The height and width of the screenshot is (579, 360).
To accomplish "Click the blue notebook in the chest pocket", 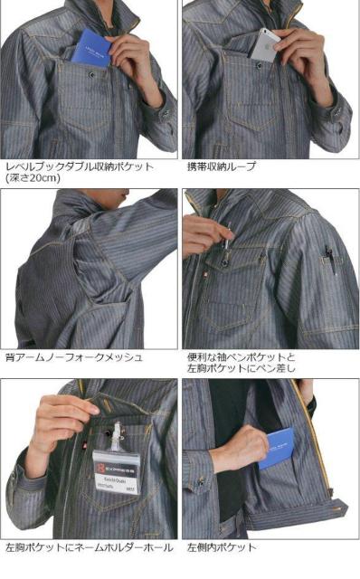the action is pyautogui.click(x=90, y=48).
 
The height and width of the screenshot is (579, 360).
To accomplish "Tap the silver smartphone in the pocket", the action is pyautogui.click(x=263, y=45).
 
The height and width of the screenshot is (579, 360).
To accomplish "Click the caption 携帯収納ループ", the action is pyautogui.click(x=222, y=166).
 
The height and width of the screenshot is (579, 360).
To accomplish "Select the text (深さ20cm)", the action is pyautogui.click(x=33, y=178).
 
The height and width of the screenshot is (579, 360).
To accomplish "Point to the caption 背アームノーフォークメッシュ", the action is pyautogui.click(x=74, y=357).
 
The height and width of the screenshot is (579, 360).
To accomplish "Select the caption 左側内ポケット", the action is pyautogui.click(x=222, y=546).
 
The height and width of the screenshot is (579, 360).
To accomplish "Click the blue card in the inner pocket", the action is pyautogui.click(x=276, y=449).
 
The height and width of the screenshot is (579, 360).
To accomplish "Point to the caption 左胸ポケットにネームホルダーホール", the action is pyautogui.click(x=90, y=546).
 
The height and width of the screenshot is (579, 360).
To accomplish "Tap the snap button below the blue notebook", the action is pyautogui.click(x=91, y=75).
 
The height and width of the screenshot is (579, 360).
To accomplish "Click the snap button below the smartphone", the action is pyautogui.click(x=259, y=66).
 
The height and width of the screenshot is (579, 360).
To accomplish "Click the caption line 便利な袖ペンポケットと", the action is pyautogui.click(x=242, y=357).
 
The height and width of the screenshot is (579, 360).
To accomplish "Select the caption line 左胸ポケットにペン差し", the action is pyautogui.click(x=242, y=368).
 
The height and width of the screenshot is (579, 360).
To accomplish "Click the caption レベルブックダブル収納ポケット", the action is pyautogui.click(x=80, y=166).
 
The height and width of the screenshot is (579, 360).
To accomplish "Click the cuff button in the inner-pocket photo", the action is pyautogui.click(x=201, y=481).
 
